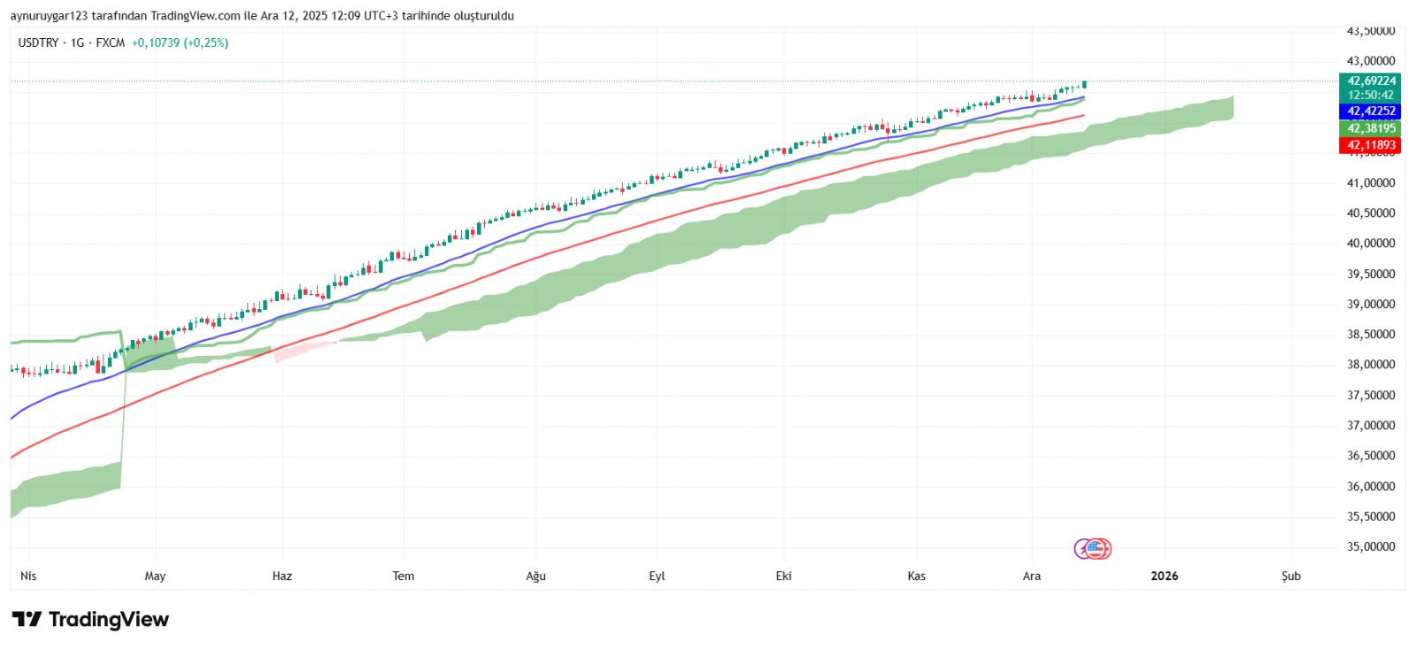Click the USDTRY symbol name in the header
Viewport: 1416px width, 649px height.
coord(38,42)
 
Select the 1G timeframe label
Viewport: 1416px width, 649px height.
coord(77,42)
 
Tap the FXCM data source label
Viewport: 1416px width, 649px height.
coord(111,42)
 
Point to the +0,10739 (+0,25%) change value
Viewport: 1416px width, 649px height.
coord(180,42)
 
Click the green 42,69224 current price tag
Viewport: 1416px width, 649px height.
coord(1371,81)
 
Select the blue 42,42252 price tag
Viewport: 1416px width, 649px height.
coord(1371,112)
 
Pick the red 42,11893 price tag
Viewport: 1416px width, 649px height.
coord(1371,145)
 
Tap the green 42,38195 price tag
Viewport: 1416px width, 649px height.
coord(1371,128)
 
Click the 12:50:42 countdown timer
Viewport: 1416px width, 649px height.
coord(1371,95)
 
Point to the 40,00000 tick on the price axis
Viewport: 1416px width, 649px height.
coord(1370,243)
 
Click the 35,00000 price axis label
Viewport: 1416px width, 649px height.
coord(1370,546)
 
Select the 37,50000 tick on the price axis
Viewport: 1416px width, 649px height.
coord(1370,395)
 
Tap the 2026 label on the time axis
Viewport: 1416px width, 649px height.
coord(1164,576)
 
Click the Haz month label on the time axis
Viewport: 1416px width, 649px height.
coord(281,576)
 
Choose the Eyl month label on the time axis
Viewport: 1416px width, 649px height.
coord(657,576)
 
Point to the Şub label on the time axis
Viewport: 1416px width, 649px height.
coord(1291,576)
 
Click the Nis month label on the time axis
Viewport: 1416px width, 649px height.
coord(28,576)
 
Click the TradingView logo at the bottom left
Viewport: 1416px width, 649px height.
coord(90,619)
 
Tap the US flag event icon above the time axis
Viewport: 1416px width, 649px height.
coord(1098,549)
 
